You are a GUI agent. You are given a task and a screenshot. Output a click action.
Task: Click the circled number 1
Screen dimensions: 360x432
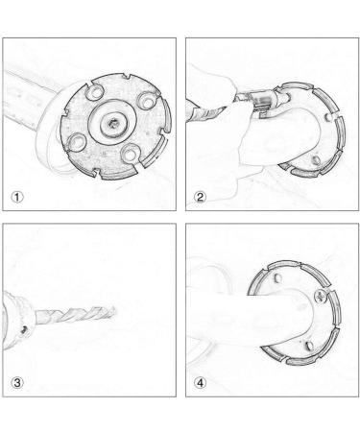(17, 197)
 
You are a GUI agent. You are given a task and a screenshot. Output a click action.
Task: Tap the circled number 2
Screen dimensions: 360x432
(200, 197)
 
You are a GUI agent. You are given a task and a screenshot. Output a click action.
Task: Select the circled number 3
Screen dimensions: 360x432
(17, 383)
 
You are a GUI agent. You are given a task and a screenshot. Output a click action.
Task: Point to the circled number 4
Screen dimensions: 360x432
(200, 383)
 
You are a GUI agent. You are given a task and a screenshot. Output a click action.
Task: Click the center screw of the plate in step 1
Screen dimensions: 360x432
(113, 122)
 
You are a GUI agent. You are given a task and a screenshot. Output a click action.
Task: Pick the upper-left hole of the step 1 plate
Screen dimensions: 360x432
(95, 92)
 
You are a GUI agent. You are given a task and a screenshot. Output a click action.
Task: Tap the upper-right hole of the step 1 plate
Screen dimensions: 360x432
(147, 102)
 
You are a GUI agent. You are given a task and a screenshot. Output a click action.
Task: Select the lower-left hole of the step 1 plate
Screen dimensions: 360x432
(78, 141)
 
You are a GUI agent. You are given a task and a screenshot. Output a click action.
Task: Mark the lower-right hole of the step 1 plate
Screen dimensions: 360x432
(130, 153)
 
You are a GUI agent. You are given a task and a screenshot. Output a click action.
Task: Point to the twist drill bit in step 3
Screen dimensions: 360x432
(76, 314)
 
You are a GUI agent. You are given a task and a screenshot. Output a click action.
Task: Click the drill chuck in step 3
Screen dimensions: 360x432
(16, 320)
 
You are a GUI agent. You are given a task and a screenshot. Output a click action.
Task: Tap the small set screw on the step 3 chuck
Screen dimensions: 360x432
(23, 329)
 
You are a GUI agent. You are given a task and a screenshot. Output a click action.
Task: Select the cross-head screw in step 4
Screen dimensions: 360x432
(321, 297)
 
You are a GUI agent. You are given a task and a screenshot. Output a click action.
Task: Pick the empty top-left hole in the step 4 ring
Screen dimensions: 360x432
(277, 278)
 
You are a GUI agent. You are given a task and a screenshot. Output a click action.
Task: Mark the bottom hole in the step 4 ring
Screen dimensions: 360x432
(309, 346)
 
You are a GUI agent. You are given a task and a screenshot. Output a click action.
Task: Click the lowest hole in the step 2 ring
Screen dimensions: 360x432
(316, 159)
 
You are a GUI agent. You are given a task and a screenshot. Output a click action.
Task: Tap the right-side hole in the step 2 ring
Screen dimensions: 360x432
(328, 117)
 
